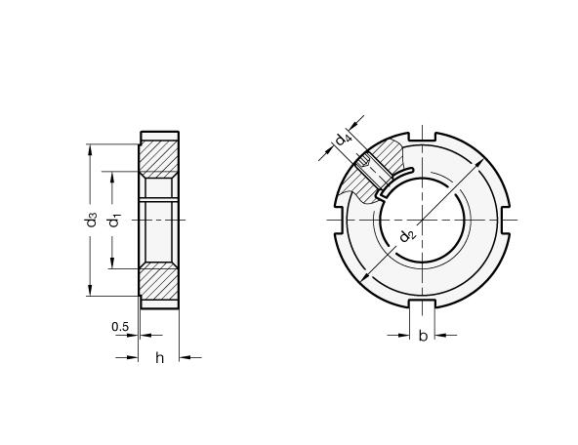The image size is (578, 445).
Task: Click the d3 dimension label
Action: (91, 220)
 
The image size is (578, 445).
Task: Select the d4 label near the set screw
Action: (344, 140)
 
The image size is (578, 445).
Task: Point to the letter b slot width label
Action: (423, 336)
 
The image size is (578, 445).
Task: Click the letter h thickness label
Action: (159, 357)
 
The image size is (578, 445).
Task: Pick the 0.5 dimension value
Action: (120, 326)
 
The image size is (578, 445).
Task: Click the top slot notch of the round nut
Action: (422, 137)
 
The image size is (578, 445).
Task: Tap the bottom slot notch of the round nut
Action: (423, 303)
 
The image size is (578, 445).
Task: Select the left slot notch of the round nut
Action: (340, 221)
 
